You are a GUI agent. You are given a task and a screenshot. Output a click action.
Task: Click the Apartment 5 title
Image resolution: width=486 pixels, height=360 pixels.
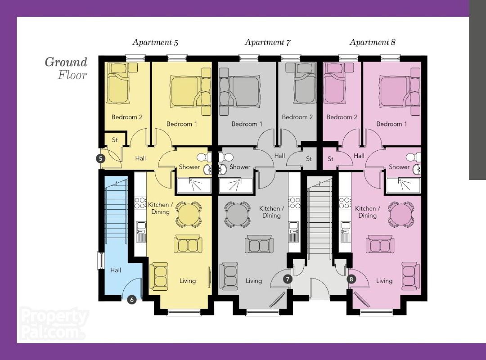(x=155, y=42)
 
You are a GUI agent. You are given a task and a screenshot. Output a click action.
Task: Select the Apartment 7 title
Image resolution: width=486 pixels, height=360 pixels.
(x=268, y=42)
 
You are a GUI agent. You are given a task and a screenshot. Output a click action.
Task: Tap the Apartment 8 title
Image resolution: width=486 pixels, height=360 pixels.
(x=373, y=42)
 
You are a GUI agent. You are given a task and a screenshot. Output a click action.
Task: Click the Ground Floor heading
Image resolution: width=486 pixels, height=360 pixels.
(x=66, y=68)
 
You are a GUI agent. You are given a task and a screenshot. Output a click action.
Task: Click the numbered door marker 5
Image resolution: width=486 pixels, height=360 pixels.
(x=100, y=159)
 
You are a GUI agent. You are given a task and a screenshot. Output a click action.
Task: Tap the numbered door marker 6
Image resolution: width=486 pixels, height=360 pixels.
(x=132, y=300)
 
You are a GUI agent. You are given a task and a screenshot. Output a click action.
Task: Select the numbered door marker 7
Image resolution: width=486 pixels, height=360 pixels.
(x=287, y=279)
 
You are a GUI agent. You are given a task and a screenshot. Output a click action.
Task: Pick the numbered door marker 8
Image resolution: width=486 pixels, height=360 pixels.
(x=351, y=279)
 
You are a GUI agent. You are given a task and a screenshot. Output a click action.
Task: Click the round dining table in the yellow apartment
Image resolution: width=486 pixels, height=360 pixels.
(x=188, y=214)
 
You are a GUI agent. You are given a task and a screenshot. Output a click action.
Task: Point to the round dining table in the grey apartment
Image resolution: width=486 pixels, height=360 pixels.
(x=237, y=214)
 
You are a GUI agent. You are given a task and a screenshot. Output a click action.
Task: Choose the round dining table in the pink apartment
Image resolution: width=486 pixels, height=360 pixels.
(x=401, y=214)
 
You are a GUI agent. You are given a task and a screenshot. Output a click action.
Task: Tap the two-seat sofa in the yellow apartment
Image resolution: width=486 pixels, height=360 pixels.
(x=188, y=244)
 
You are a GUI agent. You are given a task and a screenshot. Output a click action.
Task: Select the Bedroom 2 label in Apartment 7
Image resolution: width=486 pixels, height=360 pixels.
(x=297, y=117)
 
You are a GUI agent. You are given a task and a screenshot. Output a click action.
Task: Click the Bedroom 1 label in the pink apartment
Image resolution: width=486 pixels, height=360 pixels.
(x=391, y=124)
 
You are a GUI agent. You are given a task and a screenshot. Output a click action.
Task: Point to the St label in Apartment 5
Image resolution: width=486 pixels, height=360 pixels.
(x=115, y=140)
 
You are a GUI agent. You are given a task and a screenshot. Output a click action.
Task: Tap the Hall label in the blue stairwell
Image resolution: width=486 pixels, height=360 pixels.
(x=116, y=270)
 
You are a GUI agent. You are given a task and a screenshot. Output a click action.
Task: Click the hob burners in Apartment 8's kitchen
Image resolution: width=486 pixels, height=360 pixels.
(x=345, y=203)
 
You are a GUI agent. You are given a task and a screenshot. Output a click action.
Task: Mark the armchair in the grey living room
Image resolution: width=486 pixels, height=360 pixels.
(x=229, y=276)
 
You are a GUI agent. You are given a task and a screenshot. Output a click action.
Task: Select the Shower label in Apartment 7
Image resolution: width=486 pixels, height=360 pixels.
(x=239, y=167)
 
